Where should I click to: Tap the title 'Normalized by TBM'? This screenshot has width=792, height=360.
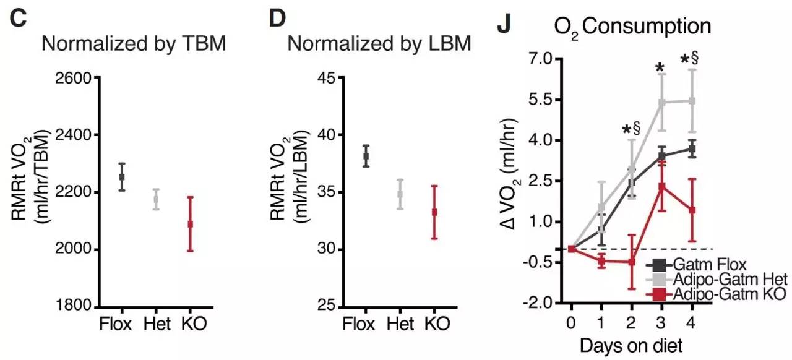[134, 45]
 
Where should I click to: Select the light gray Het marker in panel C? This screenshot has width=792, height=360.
[156, 200]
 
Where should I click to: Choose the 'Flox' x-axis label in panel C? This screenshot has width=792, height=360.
[116, 324]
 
